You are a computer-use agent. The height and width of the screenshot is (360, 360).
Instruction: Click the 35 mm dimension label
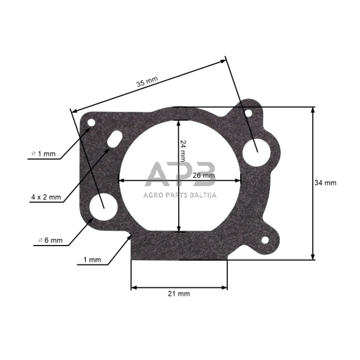[147, 80]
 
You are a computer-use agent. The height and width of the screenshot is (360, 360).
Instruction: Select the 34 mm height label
[325, 182]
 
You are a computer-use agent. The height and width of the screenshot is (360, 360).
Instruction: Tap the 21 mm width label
[179, 294]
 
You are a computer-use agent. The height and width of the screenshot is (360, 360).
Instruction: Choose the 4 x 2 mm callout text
[46, 197]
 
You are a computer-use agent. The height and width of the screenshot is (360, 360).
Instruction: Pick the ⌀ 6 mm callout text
[47, 241]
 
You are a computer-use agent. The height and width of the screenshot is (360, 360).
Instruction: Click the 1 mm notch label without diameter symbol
[92, 260]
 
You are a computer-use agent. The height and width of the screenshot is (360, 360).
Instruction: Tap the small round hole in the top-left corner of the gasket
[91, 123]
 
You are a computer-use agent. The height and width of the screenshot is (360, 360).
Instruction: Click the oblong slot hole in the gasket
[114, 140]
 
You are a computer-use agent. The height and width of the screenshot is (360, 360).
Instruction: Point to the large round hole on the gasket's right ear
[255, 149]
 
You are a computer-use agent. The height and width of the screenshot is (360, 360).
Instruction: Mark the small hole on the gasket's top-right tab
[248, 113]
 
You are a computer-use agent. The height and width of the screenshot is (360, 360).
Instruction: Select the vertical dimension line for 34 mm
[313, 184]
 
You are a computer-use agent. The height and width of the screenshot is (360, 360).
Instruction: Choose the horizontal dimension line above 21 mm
[179, 286]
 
